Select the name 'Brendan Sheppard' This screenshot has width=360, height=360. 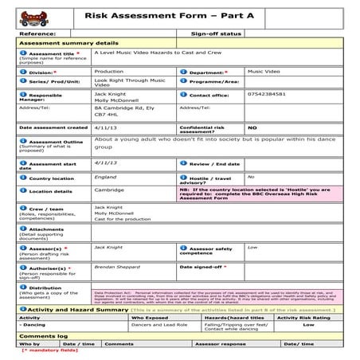click(x=116, y=268)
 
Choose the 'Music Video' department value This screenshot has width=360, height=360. click(x=264, y=72)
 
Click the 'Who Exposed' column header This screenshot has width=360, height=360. click(x=150, y=317)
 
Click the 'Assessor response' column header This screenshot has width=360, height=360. click(x=221, y=343)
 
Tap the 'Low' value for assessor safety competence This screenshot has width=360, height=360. click(x=252, y=248)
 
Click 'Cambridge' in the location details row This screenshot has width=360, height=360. click(x=109, y=190)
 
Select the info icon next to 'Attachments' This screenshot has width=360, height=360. click(x=23, y=228)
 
